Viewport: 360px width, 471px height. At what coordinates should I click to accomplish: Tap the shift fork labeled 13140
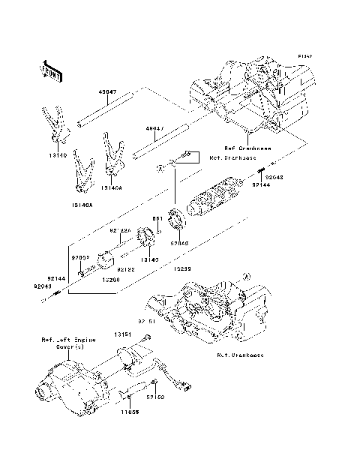(x=54, y=124)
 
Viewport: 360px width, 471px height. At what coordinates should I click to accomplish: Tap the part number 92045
(x=180, y=243)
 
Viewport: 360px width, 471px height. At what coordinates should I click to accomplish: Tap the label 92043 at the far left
(x=42, y=286)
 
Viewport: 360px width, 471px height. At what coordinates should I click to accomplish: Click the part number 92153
(x=155, y=396)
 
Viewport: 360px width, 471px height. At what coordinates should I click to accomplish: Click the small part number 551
(x=158, y=219)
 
